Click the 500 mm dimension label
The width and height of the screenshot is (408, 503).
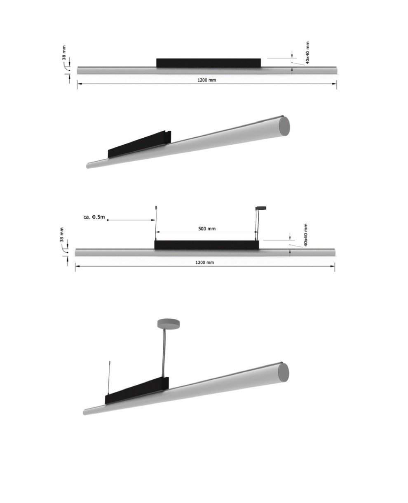[x=207, y=228]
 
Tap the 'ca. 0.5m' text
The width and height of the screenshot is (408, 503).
[x=94, y=216]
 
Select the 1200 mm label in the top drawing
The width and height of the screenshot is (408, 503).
[x=207, y=80]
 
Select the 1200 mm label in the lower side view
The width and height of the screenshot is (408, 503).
[x=205, y=262]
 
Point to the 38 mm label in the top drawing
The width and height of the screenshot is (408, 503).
[x=64, y=53]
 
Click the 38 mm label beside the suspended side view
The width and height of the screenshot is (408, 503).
[x=62, y=235]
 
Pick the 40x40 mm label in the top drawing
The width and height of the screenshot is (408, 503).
[x=307, y=53]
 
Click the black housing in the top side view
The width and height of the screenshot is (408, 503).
[x=209, y=63]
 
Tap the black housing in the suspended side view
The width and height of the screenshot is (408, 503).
[x=207, y=245]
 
